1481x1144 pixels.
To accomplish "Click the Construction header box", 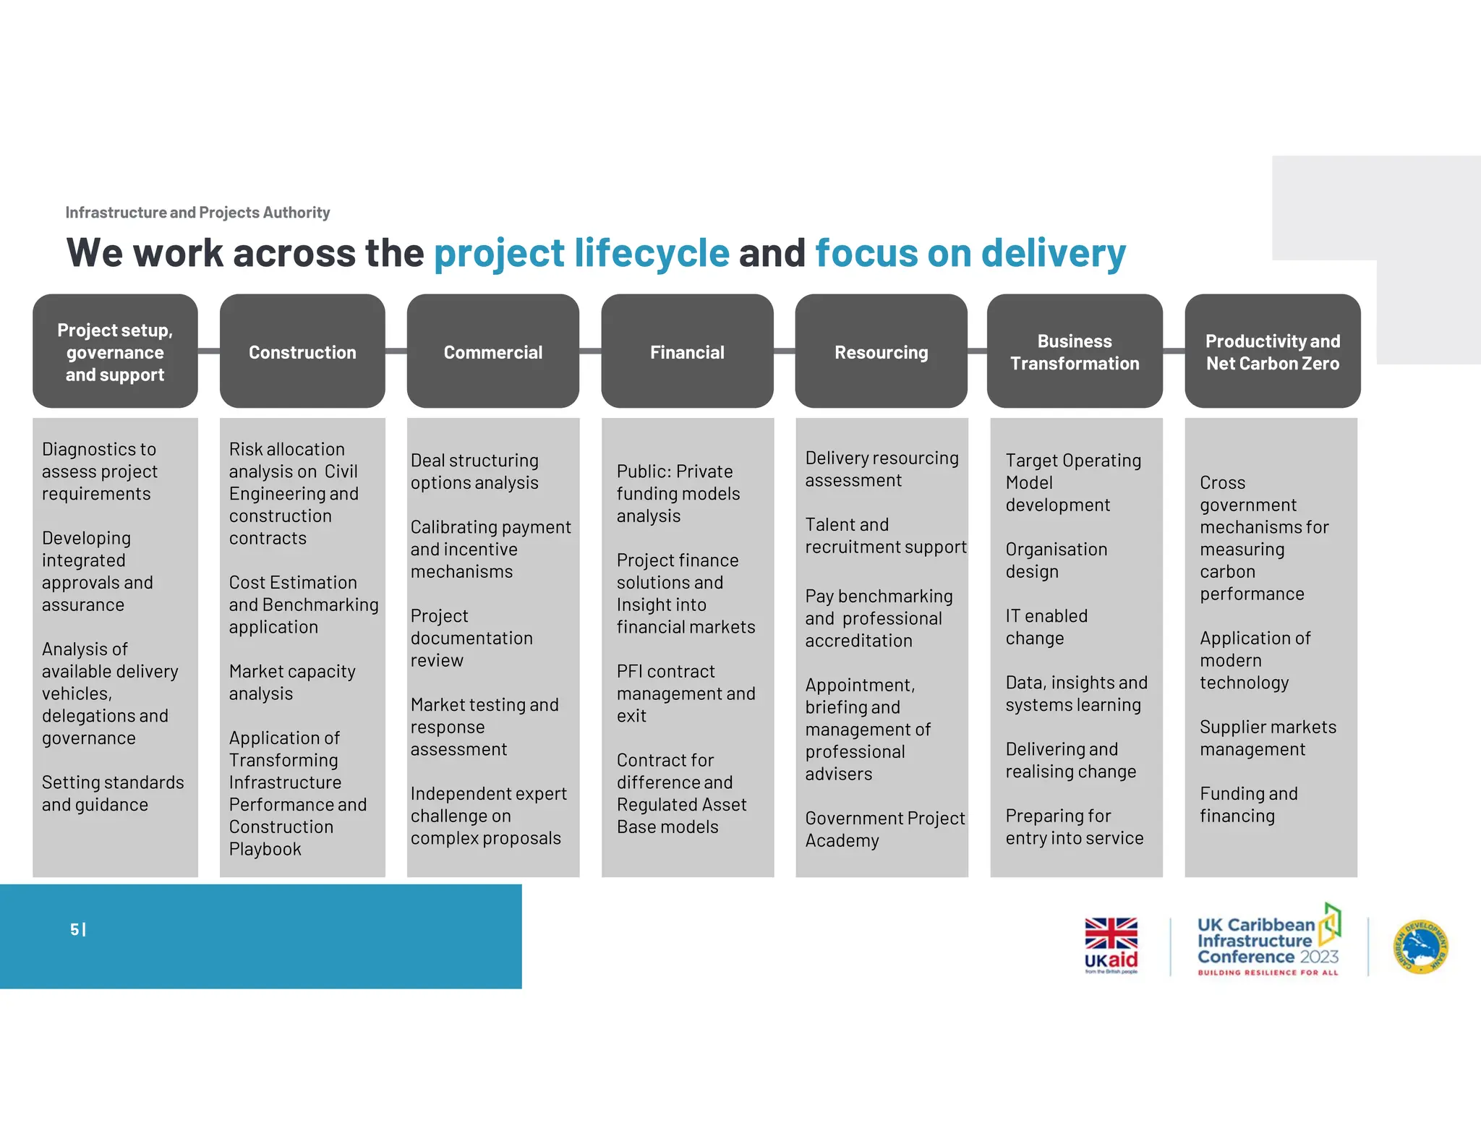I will point(302,351).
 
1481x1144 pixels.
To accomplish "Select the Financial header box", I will point(687,351).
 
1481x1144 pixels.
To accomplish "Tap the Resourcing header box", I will point(881,351).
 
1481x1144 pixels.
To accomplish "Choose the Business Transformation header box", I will point(1075,351).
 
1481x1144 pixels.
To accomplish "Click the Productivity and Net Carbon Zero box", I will point(1272,351).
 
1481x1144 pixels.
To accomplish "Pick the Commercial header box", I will point(492,351).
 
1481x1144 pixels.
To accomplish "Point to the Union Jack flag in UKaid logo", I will point(1111,933).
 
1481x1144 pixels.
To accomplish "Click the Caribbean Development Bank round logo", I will point(1421,947).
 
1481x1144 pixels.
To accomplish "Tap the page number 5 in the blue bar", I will point(74,929).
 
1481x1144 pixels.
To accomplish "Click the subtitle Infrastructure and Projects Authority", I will point(197,213).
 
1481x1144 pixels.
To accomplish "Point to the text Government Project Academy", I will point(884,829).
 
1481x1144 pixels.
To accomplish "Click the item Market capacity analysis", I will point(292,682).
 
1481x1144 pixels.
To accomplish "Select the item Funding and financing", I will point(1248,804).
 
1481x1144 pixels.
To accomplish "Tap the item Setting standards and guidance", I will point(113,793).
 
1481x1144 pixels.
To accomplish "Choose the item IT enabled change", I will point(1046,627).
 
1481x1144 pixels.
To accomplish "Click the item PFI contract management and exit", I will point(686,693).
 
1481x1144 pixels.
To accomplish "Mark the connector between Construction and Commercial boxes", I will point(396,351).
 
